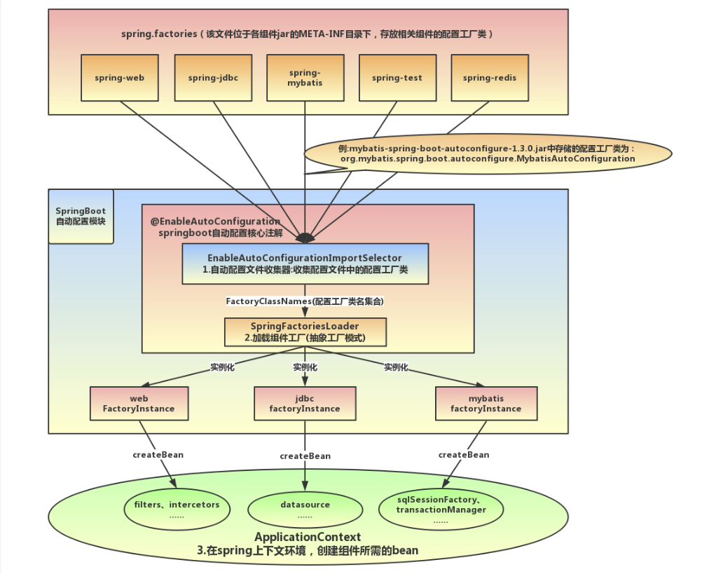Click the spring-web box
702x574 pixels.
pyautogui.click(x=119, y=78)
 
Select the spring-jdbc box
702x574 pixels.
pyautogui.click(x=212, y=78)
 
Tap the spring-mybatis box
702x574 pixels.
pyautogui.click(x=305, y=78)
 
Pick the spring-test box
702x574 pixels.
pyautogui.click(x=397, y=78)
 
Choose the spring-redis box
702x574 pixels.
pyautogui.click(x=489, y=78)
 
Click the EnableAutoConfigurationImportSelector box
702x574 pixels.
pyautogui.click(x=305, y=264)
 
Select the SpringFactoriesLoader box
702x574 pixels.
pyautogui.click(x=305, y=332)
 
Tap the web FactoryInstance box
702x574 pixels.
pyautogui.click(x=139, y=404)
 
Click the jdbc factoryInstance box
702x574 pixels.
pyautogui.click(x=305, y=404)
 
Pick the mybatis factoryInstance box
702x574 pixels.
pyautogui.click(x=486, y=404)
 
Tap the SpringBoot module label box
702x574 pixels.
pyautogui.click(x=81, y=216)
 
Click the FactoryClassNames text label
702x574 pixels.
pyautogui.click(x=305, y=301)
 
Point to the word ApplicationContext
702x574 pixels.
pyautogui.click(x=308, y=537)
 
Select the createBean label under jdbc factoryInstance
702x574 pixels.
pyautogui.click(x=305, y=456)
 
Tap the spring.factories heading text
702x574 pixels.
pyautogui.click(x=308, y=34)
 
